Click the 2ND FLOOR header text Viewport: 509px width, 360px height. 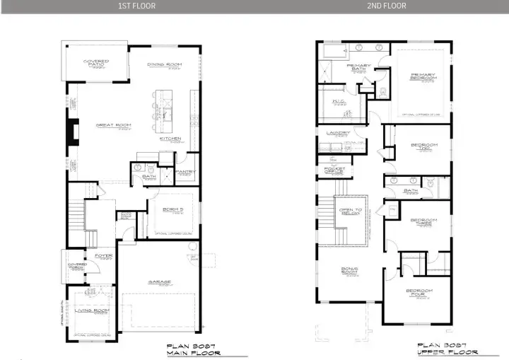click(x=387, y=6)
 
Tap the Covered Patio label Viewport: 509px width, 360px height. click(x=96, y=63)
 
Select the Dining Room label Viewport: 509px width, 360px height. click(x=165, y=65)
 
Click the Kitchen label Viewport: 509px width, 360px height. click(x=170, y=139)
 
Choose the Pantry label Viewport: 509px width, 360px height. click(x=185, y=172)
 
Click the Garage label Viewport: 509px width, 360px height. click(x=159, y=281)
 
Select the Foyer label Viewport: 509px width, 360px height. click(x=104, y=256)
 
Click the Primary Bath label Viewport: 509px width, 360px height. click(x=358, y=67)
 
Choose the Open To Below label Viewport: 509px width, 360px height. click(x=351, y=211)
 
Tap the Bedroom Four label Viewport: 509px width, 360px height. click(x=420, y=293)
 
